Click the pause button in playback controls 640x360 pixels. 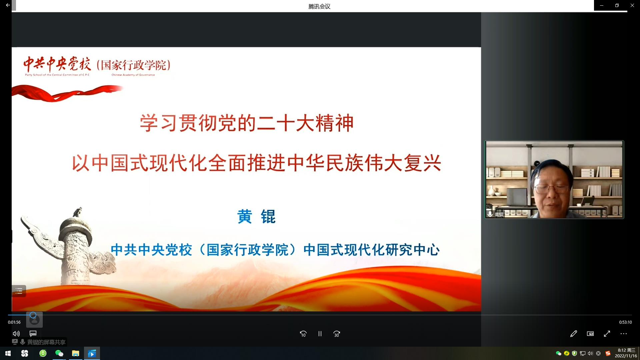(320, 334)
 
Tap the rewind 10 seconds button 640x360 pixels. (303, 334)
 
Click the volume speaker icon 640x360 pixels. (16, 334)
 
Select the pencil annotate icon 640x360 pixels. (574, 334)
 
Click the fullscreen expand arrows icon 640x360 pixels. (607, 334)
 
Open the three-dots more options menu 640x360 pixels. (624, 334)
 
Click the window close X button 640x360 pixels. (632, 5)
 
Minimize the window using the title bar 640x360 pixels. (602, 5)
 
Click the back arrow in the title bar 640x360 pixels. (8, 5)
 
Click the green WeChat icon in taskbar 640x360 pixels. (59, 353)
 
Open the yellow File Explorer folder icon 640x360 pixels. (76, 353)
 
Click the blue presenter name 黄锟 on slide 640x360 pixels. (256, 217)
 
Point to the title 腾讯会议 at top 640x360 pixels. (319, 6)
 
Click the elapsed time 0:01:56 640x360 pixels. (14, 322)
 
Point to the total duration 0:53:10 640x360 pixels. (626, 322)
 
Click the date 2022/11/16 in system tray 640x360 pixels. (626, 356)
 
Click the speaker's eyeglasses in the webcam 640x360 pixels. (552, 189)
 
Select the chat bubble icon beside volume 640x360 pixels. (33, 334)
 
